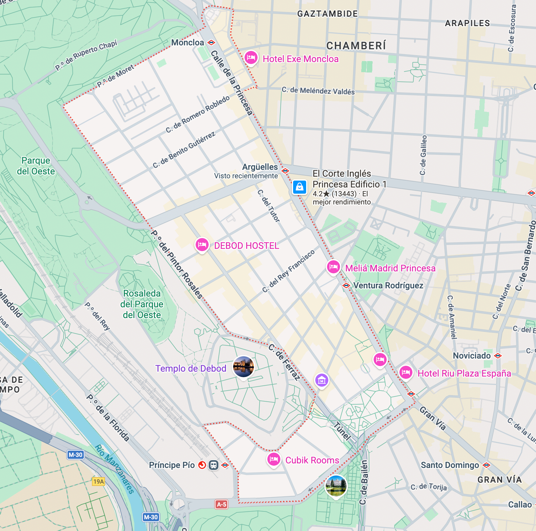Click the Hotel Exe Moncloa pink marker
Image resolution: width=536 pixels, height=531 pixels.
tap(251, 58)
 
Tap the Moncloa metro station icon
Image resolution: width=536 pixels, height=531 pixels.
tap(212, 42)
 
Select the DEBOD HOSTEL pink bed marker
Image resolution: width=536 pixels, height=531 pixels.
tap(202, 245)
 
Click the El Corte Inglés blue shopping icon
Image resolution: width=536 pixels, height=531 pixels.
tap(299, 187)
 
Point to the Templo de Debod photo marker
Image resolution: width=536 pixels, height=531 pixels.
tap(243, 366)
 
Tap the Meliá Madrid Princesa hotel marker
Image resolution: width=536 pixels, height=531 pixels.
tap(333, 267)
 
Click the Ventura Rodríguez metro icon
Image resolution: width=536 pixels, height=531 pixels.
tap(346, 285)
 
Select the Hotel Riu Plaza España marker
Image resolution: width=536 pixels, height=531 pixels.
tap(406, 372)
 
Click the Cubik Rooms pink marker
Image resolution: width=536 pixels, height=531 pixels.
tap(274, 459)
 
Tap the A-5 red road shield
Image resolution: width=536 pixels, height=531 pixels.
tap(221, 504)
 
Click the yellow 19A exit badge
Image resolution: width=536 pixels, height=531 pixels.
tap(98, 481)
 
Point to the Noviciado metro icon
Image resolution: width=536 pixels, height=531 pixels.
tap(498, 356)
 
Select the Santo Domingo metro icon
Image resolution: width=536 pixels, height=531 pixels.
tap(486, 465)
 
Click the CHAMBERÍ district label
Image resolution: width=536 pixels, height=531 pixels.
tap(356, 46)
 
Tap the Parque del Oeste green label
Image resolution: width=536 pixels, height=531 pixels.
tap(36, 166)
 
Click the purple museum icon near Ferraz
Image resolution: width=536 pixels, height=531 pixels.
tap(321, 380)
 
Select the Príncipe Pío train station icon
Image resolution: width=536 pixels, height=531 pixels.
tap(214, 465)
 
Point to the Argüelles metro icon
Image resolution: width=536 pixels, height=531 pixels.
tap(285, 171)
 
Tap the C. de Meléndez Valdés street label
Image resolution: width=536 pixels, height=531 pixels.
tap(318, 91)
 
